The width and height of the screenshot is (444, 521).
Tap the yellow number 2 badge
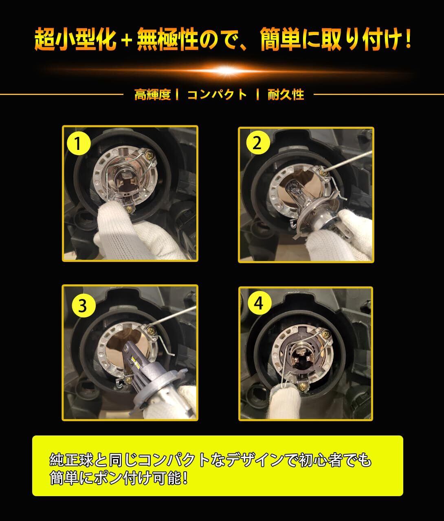[258, 143]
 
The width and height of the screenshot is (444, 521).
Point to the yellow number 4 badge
[259, 303]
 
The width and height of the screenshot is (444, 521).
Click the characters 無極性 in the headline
[167, 39]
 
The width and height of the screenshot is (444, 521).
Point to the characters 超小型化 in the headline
[75, 39]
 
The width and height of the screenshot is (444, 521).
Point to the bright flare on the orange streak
[227, 70]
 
